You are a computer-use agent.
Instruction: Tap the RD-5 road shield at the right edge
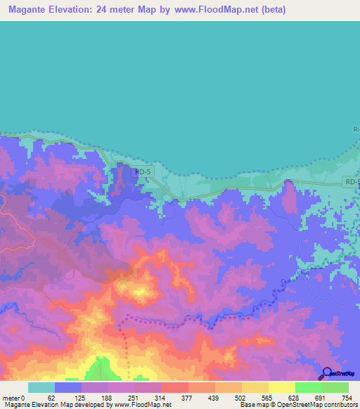click(x=352, y=182)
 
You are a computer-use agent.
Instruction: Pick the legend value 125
click(x=82, y=398)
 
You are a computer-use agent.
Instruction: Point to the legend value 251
click(x=135, y=398)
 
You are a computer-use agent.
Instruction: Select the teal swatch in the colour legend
click(x=41, y=387)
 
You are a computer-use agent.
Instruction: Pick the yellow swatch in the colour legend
click(x=282, y=387)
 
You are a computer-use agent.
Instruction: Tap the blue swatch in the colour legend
click(x=68, y=387)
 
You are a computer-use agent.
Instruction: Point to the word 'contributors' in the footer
click(x=335, y=405)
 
